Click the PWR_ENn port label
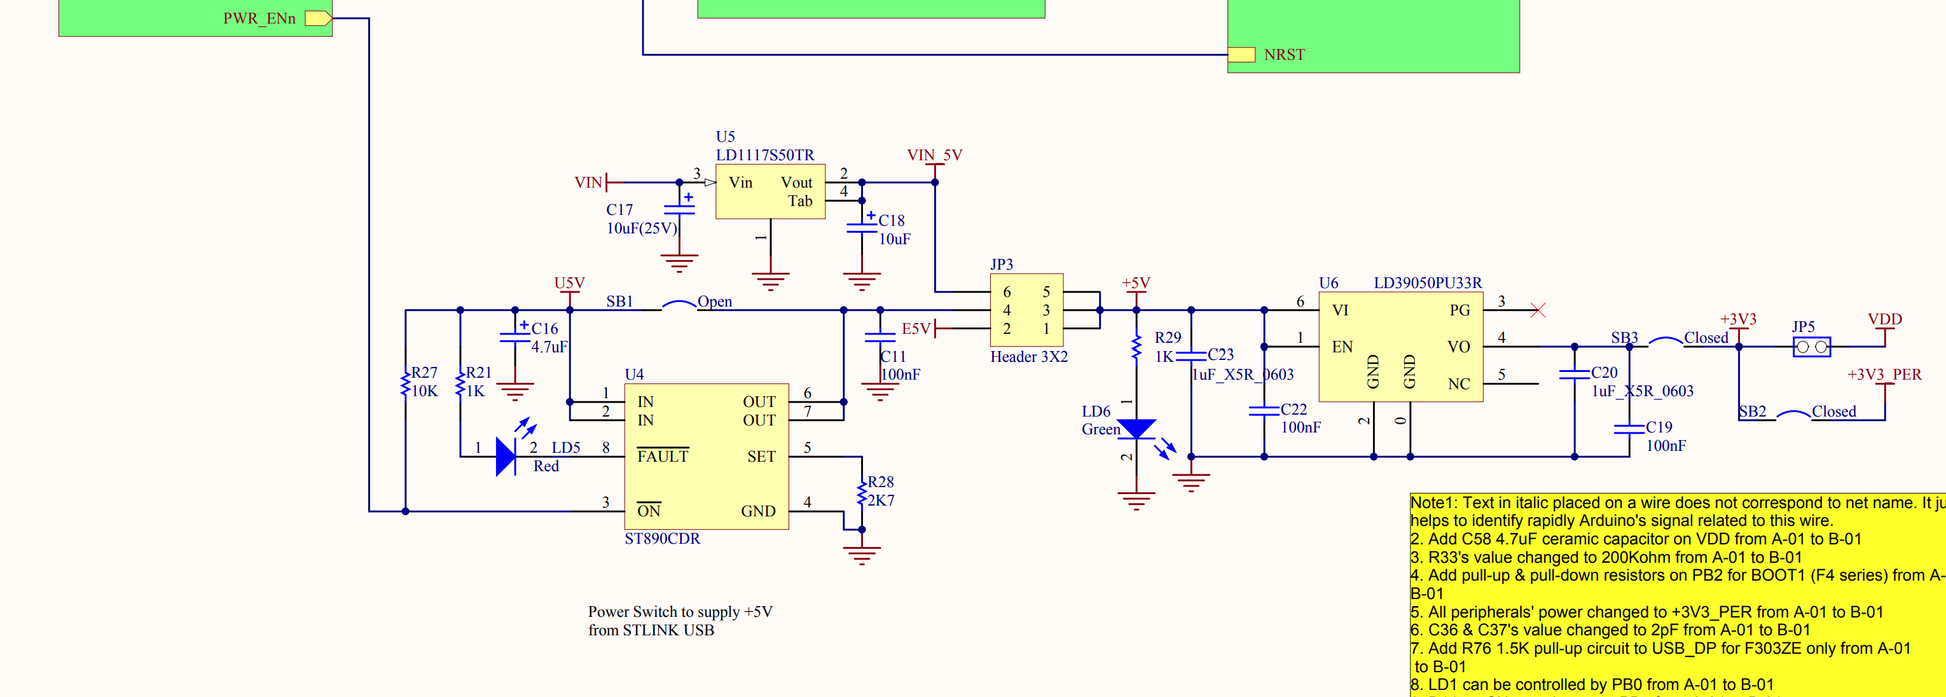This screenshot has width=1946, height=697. point(259,18)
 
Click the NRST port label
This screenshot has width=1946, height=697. point(1283,54)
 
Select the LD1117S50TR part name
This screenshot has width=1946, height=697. point(764,155)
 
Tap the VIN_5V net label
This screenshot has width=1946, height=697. point(934,155)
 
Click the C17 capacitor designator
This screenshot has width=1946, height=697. point(619,209)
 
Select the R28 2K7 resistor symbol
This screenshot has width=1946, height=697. point(861,492)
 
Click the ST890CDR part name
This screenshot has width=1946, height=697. point(662,539)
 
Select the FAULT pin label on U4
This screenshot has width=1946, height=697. point(663,456)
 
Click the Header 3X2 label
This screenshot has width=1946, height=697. point(1028,356)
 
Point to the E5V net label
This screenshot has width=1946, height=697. point(916,329)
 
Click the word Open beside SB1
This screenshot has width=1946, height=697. point(714,301)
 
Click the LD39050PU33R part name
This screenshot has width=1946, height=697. point(1427,282)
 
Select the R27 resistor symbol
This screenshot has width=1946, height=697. point(406,382)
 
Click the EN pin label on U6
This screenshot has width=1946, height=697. point(1342,347)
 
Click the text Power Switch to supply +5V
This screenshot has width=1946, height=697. point(680,612)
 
